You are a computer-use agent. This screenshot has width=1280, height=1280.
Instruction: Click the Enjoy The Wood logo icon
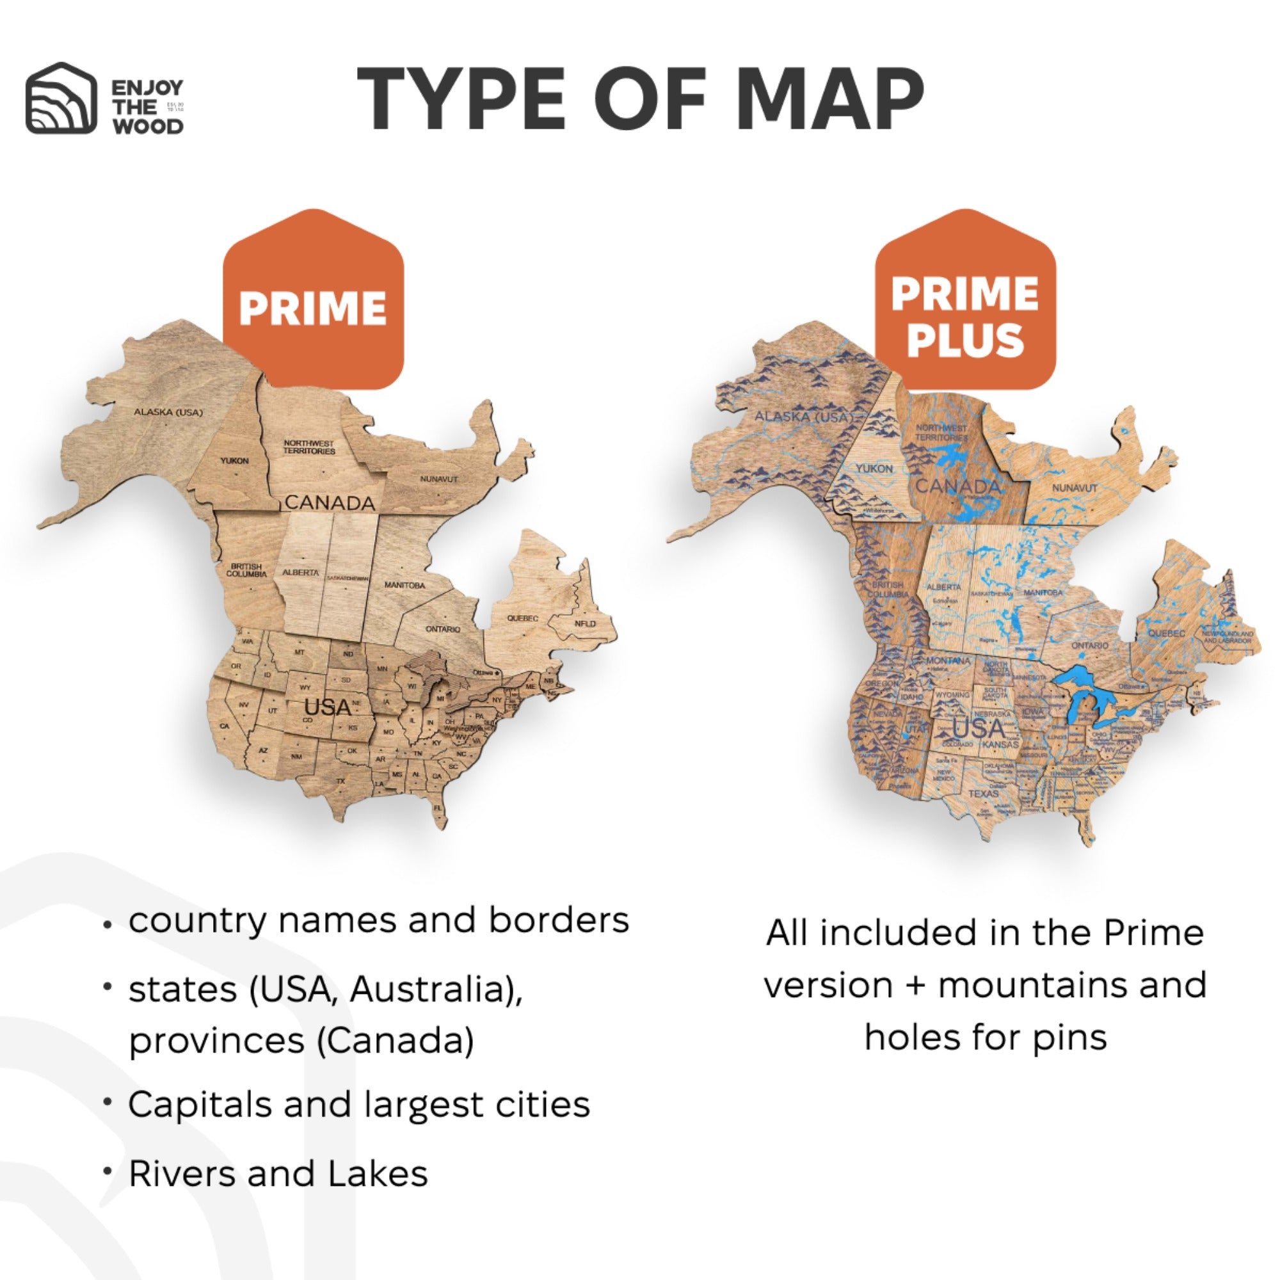[60, 98]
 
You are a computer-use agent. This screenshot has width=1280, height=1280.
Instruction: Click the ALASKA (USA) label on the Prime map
[168, 412]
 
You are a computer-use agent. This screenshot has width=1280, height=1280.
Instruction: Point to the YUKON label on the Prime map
[234, 460]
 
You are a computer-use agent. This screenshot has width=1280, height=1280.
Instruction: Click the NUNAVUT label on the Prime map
[438, 478]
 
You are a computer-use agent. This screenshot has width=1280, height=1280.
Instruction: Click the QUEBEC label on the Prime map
[523, 618]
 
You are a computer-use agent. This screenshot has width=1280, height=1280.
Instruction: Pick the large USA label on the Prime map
[328, 708]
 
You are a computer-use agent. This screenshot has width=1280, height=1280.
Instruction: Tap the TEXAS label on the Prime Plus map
[983, 793]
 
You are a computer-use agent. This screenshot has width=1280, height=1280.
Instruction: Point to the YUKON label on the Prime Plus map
[874, 468]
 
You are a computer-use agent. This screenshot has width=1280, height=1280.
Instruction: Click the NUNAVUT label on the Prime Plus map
[1075, 488]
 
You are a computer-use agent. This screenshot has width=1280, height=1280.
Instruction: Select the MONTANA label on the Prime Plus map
[948, 660]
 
